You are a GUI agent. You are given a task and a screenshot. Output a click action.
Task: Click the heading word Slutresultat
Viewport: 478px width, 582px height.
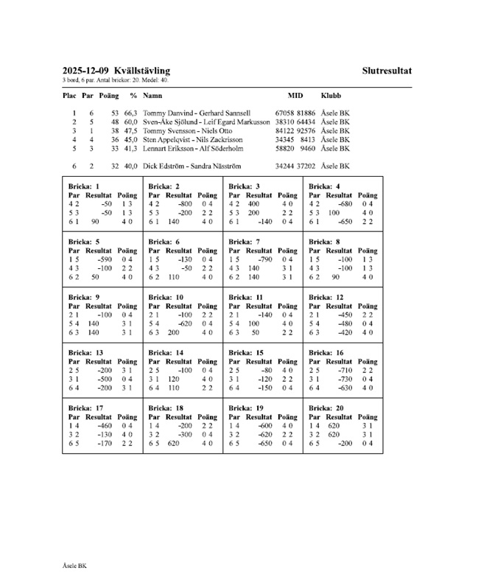click(387, 71)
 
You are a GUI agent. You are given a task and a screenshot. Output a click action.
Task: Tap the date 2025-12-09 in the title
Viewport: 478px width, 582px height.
click(87, 71)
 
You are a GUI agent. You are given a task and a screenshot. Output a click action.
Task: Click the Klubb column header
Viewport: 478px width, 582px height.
click(331, 96)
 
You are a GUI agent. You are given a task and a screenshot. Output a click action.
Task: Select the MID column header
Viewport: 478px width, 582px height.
click(295, 96)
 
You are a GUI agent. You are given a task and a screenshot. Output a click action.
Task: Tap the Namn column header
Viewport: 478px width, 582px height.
click(152, 96)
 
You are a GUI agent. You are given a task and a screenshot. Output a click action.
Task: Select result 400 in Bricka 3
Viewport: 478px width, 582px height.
click(253, 203)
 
